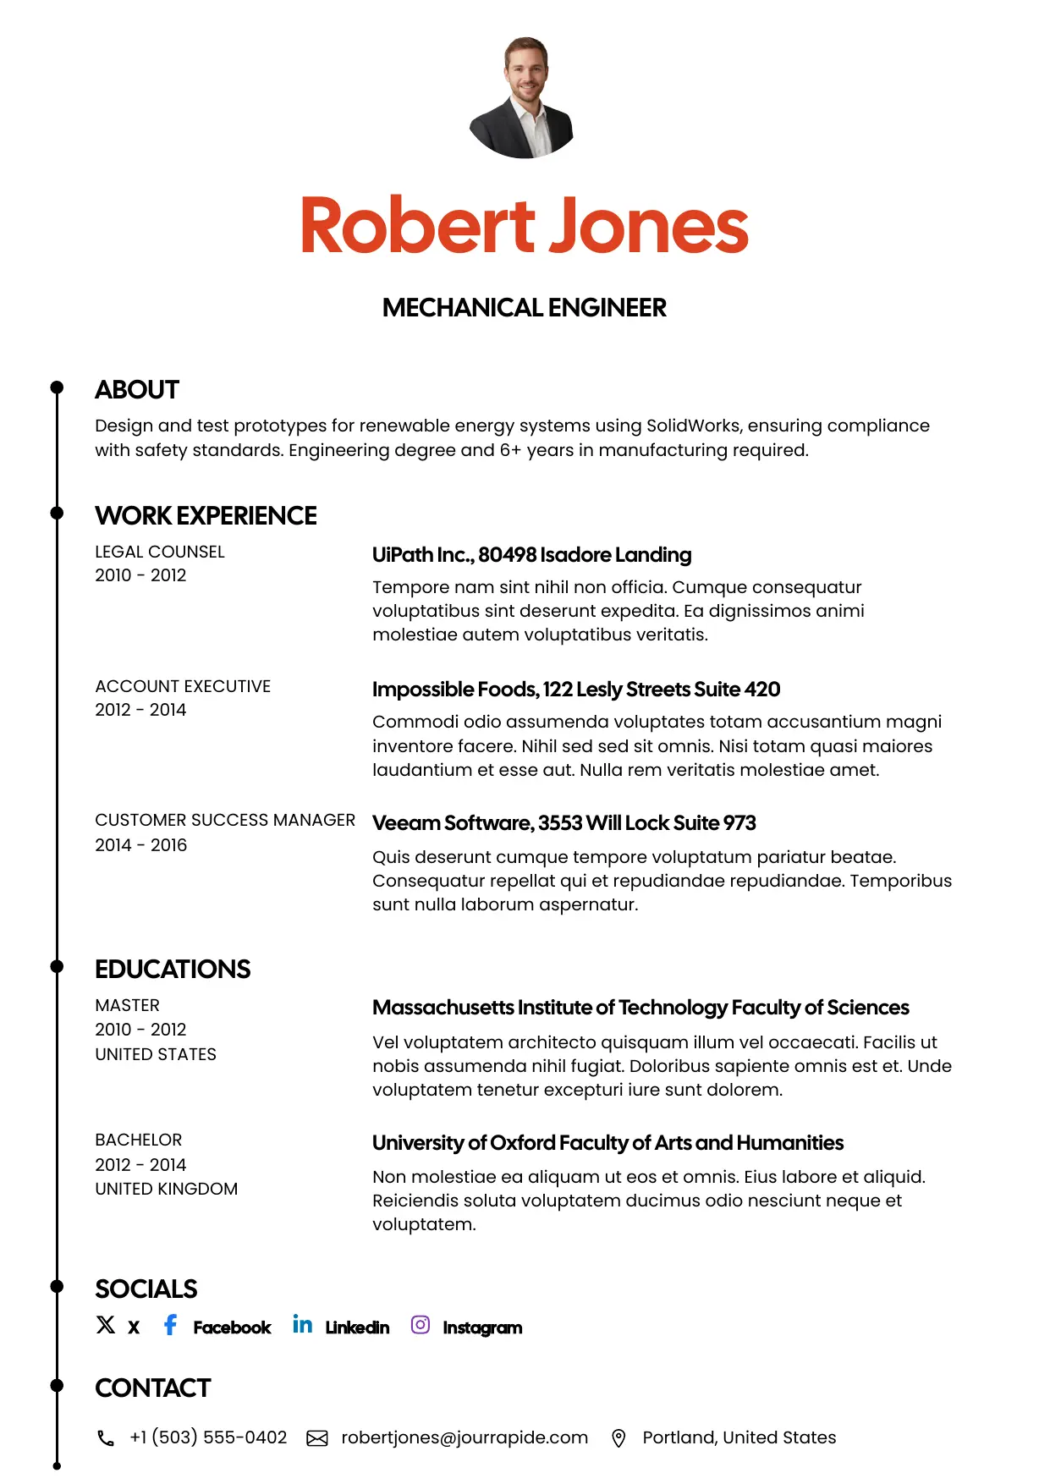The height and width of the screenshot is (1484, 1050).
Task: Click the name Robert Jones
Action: (x=525, y=225)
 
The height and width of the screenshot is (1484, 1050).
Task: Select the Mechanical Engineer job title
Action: (x=524, y=308)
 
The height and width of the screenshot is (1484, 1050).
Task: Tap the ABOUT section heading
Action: (x=137, y=390)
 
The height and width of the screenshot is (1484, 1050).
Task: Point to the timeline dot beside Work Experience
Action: (x=57, y=513)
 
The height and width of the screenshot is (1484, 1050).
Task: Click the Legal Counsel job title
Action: (x=160, y=552)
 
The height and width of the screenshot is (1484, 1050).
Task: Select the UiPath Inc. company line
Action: (x=531, y=555)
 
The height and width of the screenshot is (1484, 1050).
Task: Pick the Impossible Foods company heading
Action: (x=575, y=690)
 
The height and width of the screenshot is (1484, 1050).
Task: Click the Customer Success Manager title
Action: (x=225, y=820)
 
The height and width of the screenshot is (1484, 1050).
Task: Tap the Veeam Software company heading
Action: (x=563, y=823)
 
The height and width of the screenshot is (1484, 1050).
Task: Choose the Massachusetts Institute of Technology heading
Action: (x=640, y=1008)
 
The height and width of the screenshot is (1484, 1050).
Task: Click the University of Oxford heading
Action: (x=607, y=1143)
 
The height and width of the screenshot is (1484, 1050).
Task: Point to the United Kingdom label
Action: (x=167, y=1189)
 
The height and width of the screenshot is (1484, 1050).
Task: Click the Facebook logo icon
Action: (x=170, y=1325)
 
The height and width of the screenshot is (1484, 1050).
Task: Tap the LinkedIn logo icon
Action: (x=302, y=1325)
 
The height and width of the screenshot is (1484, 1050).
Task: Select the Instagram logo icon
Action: (x=421, y=1325)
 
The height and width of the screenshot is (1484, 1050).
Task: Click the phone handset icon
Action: (x=106, y=1438)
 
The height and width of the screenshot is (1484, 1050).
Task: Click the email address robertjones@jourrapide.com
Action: (x=465, y=1437)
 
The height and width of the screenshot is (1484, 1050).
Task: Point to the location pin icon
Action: (x=618, y=1438)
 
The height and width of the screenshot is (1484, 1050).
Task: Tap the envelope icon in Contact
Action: (x=317, y=1438)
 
